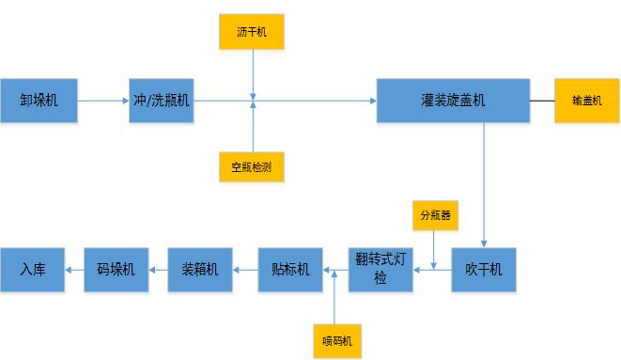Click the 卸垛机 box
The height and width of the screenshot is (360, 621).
click(x=39, y=99)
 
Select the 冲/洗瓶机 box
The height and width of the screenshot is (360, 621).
click(x=163, y=99)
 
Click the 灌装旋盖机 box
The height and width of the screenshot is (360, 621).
click(x=452, y=99)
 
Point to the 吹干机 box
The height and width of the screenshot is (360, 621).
click(x=484, y=270)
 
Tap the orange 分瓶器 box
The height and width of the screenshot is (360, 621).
click(x=433, y=213)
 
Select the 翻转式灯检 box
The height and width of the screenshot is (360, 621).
click(x=380, y=270)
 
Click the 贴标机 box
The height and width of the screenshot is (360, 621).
click(x=290, y=270)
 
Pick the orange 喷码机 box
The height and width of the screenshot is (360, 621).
click(x=335, y=339)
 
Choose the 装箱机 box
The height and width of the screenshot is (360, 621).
click(x=200, y=270)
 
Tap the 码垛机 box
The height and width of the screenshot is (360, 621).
click(x=116, y=270)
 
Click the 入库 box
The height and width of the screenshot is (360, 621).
click(x=33, y=270)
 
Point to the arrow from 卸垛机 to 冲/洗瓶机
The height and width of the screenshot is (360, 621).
click(x=104, y=99)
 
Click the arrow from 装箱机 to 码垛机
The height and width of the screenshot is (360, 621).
click(x=158, y=270)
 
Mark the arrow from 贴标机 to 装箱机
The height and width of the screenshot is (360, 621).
click(x=245, y=270)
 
